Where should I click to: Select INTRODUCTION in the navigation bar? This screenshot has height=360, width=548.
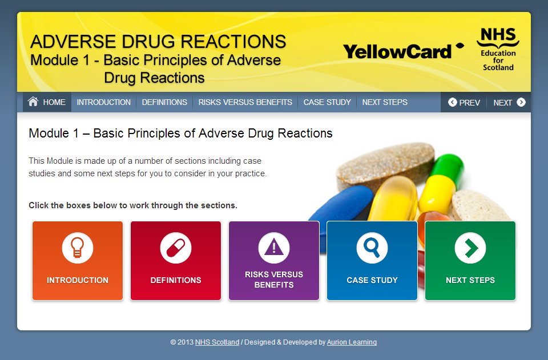(x=104, y=103)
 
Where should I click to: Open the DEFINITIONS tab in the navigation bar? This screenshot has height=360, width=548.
(x=164, y=103)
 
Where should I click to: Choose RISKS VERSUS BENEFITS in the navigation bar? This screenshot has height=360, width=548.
(x=245, y=103)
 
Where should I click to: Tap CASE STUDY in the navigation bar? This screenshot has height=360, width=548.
(x=327, y=103)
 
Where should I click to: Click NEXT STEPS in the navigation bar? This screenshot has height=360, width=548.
(x=385, y=103)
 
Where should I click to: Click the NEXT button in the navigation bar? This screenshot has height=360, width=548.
(x=509, y=103)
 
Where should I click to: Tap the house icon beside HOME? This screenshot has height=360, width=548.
(x=33, y=102)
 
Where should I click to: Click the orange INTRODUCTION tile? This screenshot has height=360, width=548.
(x=78, y=261)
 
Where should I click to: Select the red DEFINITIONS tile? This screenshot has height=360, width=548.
(x=176, y=261)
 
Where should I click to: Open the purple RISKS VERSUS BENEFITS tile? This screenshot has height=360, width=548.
(x=274, y=261)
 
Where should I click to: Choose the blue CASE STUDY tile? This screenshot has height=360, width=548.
(x=372, y=261)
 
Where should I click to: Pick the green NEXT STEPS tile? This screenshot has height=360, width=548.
(x=470, y=261)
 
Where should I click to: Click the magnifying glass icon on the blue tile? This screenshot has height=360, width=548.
(x=372, y=248)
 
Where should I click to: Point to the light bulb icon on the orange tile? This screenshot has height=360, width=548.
(x=78, y=248)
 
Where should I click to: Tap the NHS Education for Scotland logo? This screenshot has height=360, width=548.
(x=498, y=50)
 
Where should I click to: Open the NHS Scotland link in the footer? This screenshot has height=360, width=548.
(x=217, y=342)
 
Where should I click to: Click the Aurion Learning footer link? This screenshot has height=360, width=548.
(x=352, y=342)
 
